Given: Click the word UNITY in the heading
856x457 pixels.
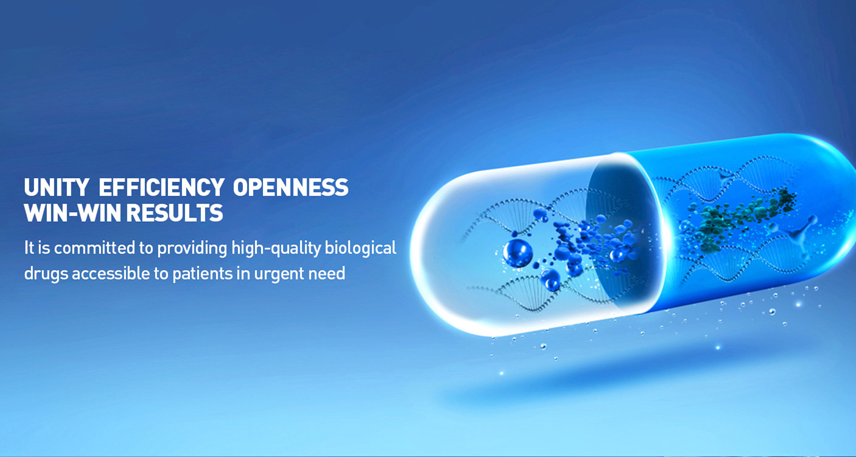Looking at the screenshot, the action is point(56,187).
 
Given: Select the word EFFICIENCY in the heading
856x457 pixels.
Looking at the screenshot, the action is point(161,187).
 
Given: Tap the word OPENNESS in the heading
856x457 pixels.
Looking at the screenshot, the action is point(291,187).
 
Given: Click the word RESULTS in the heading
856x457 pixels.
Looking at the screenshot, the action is point(175,213).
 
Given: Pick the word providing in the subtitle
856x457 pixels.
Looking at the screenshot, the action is point(192,249).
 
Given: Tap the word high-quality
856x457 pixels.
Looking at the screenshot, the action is point(276,249).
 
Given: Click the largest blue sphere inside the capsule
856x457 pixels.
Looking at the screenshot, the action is point(517,253).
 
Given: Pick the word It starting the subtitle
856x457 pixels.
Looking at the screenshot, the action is point(29,248).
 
